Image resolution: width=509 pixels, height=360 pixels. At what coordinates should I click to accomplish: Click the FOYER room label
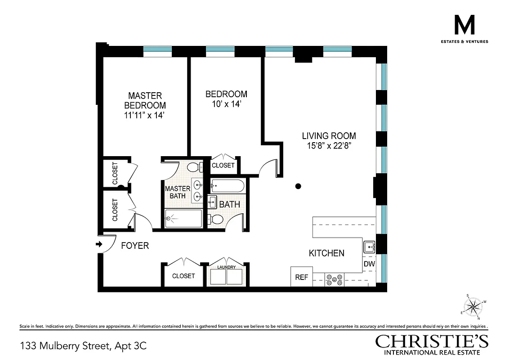coord(135,246)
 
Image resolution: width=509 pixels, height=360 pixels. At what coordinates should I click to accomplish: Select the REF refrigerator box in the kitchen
coord(301,277)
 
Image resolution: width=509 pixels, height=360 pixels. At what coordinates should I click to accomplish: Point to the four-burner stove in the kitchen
coord(335,279)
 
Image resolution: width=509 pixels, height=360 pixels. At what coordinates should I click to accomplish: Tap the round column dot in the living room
coord(298,186)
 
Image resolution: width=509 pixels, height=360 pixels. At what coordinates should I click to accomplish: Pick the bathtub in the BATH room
coord(228,185)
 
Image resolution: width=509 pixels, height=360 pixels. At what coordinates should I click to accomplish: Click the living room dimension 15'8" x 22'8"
coord(329,145)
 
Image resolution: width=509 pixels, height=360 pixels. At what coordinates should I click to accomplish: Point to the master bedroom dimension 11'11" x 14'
coord(145,115)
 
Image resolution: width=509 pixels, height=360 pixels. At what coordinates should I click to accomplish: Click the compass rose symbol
coord(473,307)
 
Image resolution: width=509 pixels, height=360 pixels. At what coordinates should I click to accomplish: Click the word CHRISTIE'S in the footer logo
coord(432,342)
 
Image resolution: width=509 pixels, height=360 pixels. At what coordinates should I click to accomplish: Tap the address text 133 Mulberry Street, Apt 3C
coord(83,346)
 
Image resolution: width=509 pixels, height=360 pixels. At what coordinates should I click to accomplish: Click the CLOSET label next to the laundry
coord(183,276)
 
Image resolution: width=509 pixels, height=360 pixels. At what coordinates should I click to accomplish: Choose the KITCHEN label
coord(326,253)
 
